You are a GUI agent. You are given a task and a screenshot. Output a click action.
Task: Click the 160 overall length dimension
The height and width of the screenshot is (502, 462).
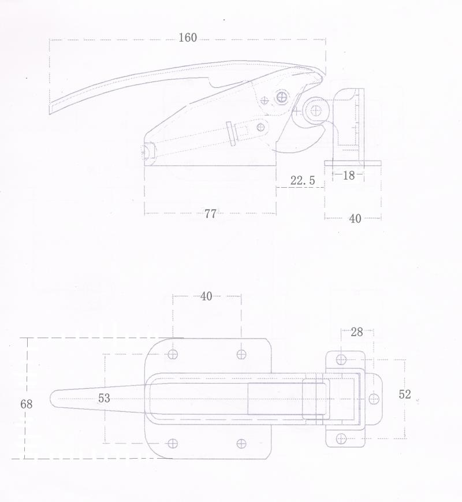(x=188, y=38)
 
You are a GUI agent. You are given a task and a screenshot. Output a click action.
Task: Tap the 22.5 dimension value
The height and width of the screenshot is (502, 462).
(x=303, y=181)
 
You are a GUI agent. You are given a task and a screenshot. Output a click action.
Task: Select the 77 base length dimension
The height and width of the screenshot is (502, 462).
(x=210, y=214)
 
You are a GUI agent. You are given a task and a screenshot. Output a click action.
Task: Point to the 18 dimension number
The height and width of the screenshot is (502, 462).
(x=349, y=175)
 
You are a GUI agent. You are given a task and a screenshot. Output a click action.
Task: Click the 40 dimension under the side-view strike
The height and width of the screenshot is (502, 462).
(x=355, y=219)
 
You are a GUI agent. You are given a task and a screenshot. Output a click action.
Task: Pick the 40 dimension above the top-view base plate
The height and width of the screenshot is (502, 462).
(x=206, y=296)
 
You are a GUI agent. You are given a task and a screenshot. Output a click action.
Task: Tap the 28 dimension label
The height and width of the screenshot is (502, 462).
(x=357, y=332)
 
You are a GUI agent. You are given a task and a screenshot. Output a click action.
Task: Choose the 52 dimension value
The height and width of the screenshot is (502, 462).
(x=405, y=394)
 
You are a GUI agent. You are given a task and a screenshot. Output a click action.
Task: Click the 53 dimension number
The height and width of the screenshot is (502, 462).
(x=104, y=398)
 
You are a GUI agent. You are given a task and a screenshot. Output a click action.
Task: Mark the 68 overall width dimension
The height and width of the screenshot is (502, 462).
(x=26, y=404)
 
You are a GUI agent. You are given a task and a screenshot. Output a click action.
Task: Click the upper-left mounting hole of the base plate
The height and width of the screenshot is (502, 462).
(x=173, y=355)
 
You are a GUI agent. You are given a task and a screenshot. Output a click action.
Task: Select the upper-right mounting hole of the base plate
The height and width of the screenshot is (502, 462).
(x=241, y=355)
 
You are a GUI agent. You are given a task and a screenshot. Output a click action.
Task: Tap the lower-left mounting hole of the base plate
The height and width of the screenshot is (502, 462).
(x=173, y=444)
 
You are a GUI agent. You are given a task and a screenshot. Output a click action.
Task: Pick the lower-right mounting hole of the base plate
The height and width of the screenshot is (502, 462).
(x=241, y=444)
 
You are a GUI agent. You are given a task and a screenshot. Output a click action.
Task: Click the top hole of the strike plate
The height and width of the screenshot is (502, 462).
(x=341, y=359)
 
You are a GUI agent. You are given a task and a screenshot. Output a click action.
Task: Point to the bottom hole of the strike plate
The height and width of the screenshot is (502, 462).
(x=341, y=438)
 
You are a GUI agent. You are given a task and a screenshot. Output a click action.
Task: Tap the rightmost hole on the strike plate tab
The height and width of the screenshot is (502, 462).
(x=374, y=399)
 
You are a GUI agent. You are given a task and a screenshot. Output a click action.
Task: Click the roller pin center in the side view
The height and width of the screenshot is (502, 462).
(x=316, y=111)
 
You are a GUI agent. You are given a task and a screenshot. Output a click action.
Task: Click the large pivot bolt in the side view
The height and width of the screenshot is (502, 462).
(x=282, y=96)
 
